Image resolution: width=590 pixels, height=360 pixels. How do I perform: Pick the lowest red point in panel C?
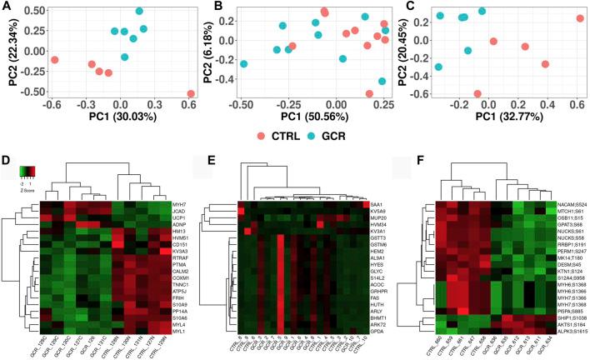pyautogui.click(x=477, y=94)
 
